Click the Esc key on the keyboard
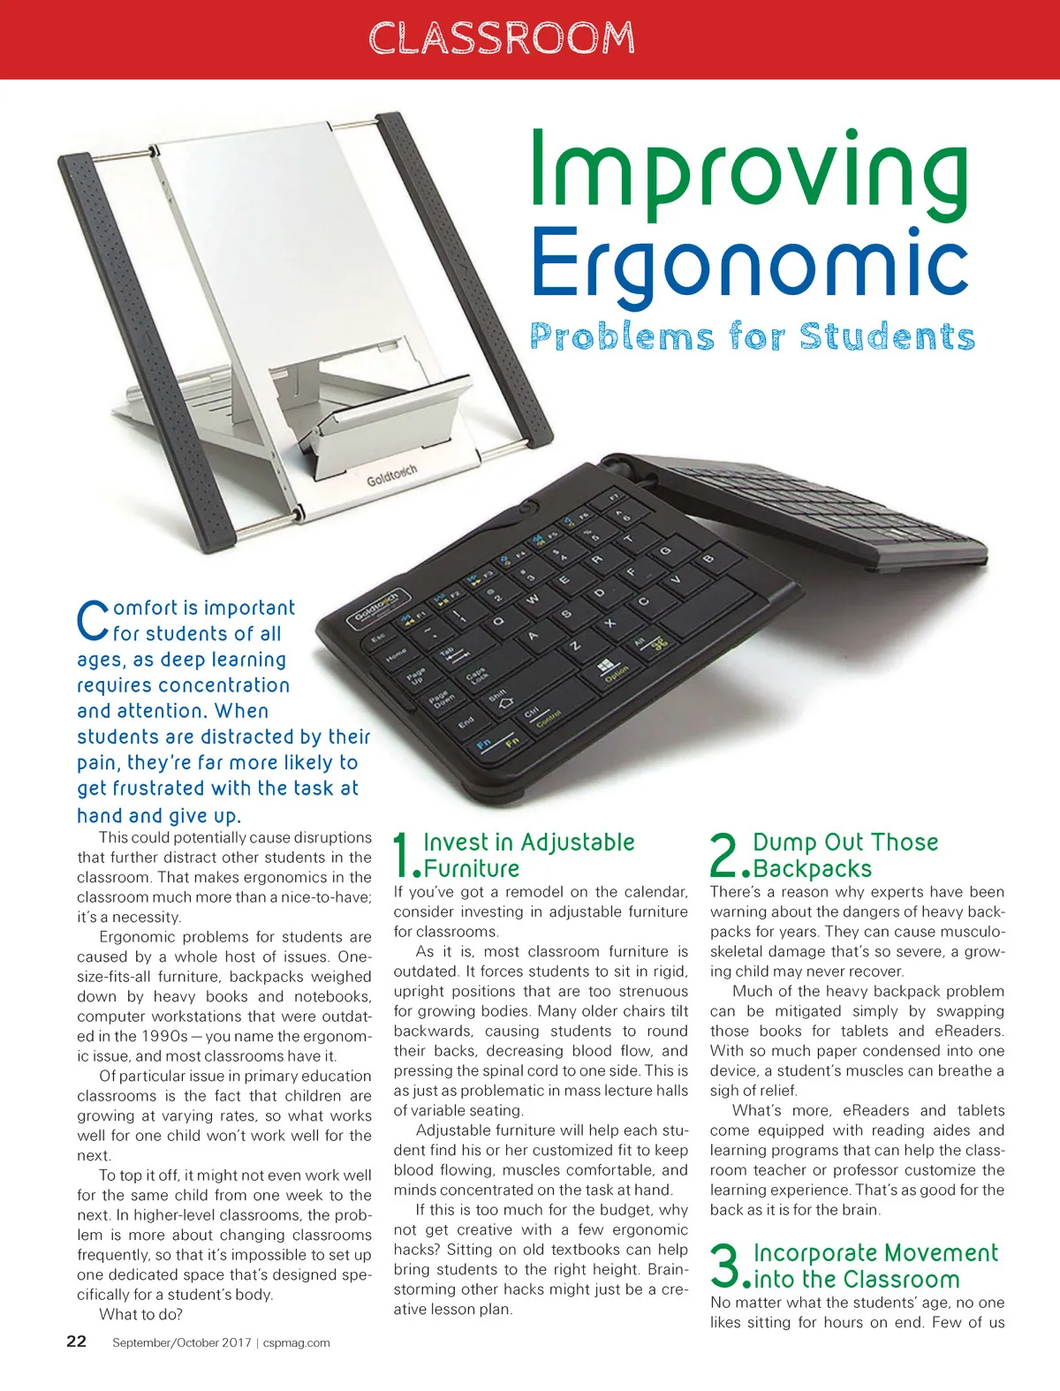[x=377, y=638]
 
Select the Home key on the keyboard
[x=396, y=656]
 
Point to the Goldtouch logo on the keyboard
[x=377, y=607]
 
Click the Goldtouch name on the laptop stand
[x=391, y=475]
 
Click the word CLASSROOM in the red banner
[x=501, y=38]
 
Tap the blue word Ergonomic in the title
[x=749, y=262]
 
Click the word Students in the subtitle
[x=887, y=336]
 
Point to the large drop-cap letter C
[x=92, y=621]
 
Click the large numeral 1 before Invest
[x=404, y=855]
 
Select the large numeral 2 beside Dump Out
[x=726, y=855]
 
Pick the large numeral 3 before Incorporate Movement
[x=726, y=1265]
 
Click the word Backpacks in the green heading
[x=812, y=869]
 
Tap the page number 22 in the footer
[x=77, y=1342]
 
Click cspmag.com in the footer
[x=297, y=1342]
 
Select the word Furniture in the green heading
[x=472, y=869]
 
